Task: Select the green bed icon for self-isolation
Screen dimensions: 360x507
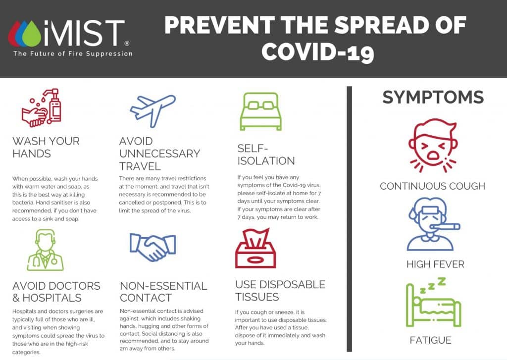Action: click(x=260, y=112)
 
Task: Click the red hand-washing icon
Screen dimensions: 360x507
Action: click(x=42, y=108)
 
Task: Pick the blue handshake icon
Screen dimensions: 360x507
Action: click(x=153, y=246)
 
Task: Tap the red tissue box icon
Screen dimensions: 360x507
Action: click(x=255, y=248)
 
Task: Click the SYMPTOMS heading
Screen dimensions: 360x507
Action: click(x=433, y=97)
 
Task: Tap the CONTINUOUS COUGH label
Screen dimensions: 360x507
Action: click(x=432, y=186)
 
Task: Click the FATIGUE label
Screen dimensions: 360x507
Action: click(x=430, y=340)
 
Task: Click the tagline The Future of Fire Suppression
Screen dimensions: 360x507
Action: click(x=73, y=53)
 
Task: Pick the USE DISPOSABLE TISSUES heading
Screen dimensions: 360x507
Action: click(x=280, y=291)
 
